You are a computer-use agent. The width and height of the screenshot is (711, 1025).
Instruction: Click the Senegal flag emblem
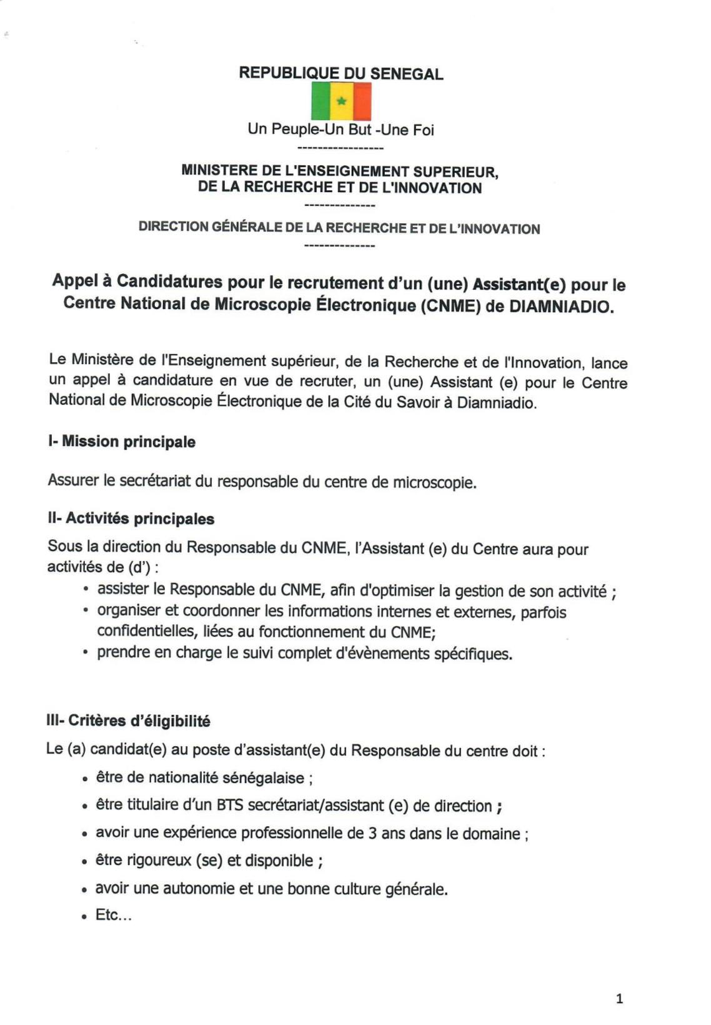click(x=341, y=101)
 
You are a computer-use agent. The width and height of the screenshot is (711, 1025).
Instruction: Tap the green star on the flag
click(x=341, y=101)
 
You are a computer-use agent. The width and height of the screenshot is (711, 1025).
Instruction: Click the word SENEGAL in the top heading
click(x=407, y=74)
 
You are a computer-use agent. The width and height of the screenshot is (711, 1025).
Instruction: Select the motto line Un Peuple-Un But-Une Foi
click(x=341, y=129)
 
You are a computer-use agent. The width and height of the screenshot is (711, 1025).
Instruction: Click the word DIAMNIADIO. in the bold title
click(x=562, y=308)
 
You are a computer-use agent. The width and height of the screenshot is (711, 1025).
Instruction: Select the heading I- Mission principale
click(x=122, y=442)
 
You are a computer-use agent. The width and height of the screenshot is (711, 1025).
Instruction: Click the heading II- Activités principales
click(x=131, y=518)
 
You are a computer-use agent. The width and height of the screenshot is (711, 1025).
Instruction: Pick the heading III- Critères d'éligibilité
click(x=129, y=720)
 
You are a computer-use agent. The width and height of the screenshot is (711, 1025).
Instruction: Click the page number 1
click(x=619, y=999)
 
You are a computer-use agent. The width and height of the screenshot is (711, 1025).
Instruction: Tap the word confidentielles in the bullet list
click(x=143, y=632)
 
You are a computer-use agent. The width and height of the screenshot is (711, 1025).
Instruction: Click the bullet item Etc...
click(x=113, y=916)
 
